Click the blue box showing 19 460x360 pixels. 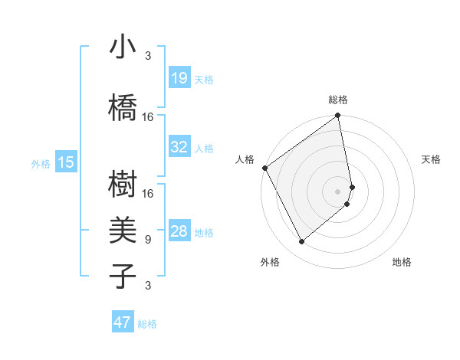tap(179, 78)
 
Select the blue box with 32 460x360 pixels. tap(179, 147)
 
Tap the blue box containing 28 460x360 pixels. tap(179, 232)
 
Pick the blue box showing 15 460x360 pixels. tap(66, 162)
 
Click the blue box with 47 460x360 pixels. tap(123, 322)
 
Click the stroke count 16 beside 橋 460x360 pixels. tap(148, 116)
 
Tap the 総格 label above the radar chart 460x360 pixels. tap(338, 100)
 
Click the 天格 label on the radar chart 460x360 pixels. tap(431, 159)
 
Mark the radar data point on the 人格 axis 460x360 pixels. tap(264, 168)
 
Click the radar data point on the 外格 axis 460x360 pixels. tap(301, 242)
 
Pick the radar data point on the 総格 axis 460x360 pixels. tap(338, 116)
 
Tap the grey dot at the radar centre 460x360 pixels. tap(338, 191)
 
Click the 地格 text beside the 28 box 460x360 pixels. tap(204, 233)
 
